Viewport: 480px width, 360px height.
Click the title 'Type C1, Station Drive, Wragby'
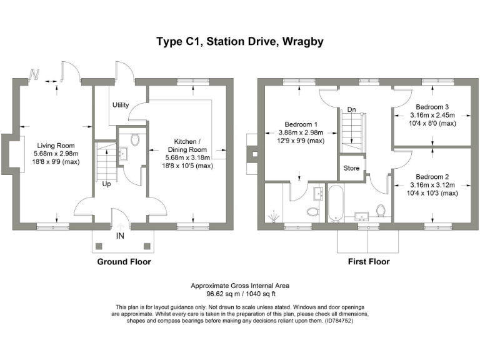(239, 42)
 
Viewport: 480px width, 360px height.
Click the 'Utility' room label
(121, 105)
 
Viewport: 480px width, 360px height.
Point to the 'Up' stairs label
(107, 184)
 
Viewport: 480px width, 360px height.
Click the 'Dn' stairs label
(351, 110)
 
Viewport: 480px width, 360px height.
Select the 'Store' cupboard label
(352, 168)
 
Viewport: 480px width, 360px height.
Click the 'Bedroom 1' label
(301, 124)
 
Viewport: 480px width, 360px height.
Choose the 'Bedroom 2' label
(432, 177)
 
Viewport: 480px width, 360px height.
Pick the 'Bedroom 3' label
(432, 107)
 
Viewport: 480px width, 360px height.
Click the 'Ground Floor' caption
(124, 262)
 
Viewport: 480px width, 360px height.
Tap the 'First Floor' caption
(369, 262)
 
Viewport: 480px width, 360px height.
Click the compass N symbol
(34, 76)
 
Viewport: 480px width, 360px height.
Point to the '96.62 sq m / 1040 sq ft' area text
(239, 292)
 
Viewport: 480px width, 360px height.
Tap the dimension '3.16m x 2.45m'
(432, 116)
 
